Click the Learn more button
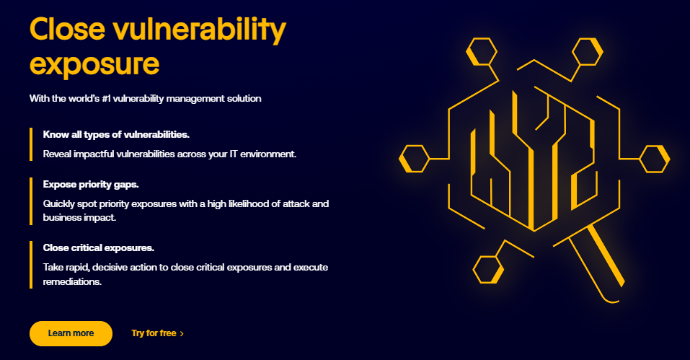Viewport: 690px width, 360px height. [x=71, y=333]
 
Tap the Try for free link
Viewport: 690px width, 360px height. [x=154, y=333]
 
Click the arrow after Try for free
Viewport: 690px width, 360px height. [x=182, y=334]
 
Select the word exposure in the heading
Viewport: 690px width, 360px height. [x=94, y=63]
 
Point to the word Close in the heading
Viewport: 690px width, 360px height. [x=67, y=30]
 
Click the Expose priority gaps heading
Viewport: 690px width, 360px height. [x=90, y=184]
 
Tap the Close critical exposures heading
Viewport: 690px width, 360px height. [x=99, y=247]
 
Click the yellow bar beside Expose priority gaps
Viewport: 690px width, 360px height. [x=31, y=200]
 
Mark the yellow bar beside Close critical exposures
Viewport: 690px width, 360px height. [x=31, y=264]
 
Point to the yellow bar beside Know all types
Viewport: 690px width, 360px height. [x=31, y=144]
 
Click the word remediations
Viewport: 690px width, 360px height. [x=72, y=282]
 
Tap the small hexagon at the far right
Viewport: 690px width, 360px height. [x=655, y=159]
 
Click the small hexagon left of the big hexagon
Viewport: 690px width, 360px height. [x=415, y=159]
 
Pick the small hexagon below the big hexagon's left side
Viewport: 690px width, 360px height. [x=488, y=269]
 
